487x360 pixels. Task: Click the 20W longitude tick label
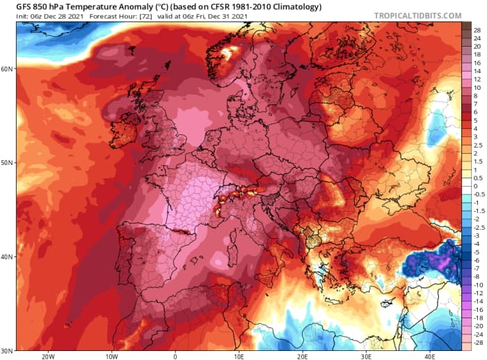click(48, 356)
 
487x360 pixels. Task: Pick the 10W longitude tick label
click(111, 356)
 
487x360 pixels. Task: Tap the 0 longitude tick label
click(175, 356)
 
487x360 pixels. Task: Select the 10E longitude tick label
click(239, 356)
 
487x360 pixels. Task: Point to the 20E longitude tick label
click(302, 356)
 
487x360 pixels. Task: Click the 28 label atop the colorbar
click(477, 31)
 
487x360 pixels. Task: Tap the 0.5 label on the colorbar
click(478, 177)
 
